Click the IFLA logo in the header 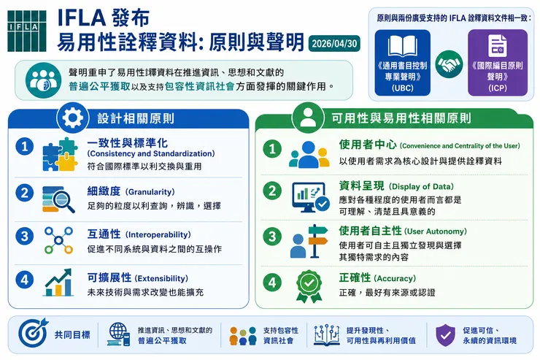[x=27, y=31]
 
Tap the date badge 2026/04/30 [x=334, y=44]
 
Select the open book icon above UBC [x=403, y=46]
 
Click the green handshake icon [x=449, y=64]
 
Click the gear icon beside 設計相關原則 [x=73, y=118]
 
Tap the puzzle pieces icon [x=60, y=154]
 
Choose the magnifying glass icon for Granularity [x=58, y=199]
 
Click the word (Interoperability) [x=158, y=234]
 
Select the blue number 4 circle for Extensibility [x=25, y=280]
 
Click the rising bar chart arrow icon [x=58, y=283]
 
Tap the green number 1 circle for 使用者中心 [x=272, y=149]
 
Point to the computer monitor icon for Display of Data [x=310, y=197]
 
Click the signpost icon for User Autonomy [x=309, y=241]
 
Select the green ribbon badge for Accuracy [x=309, y=286]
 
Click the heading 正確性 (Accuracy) [x=377, y=277]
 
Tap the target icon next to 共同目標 [x=33, y=333]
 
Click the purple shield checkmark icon [x=445, y=334]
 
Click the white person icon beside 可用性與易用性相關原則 [x=308, y=118]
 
